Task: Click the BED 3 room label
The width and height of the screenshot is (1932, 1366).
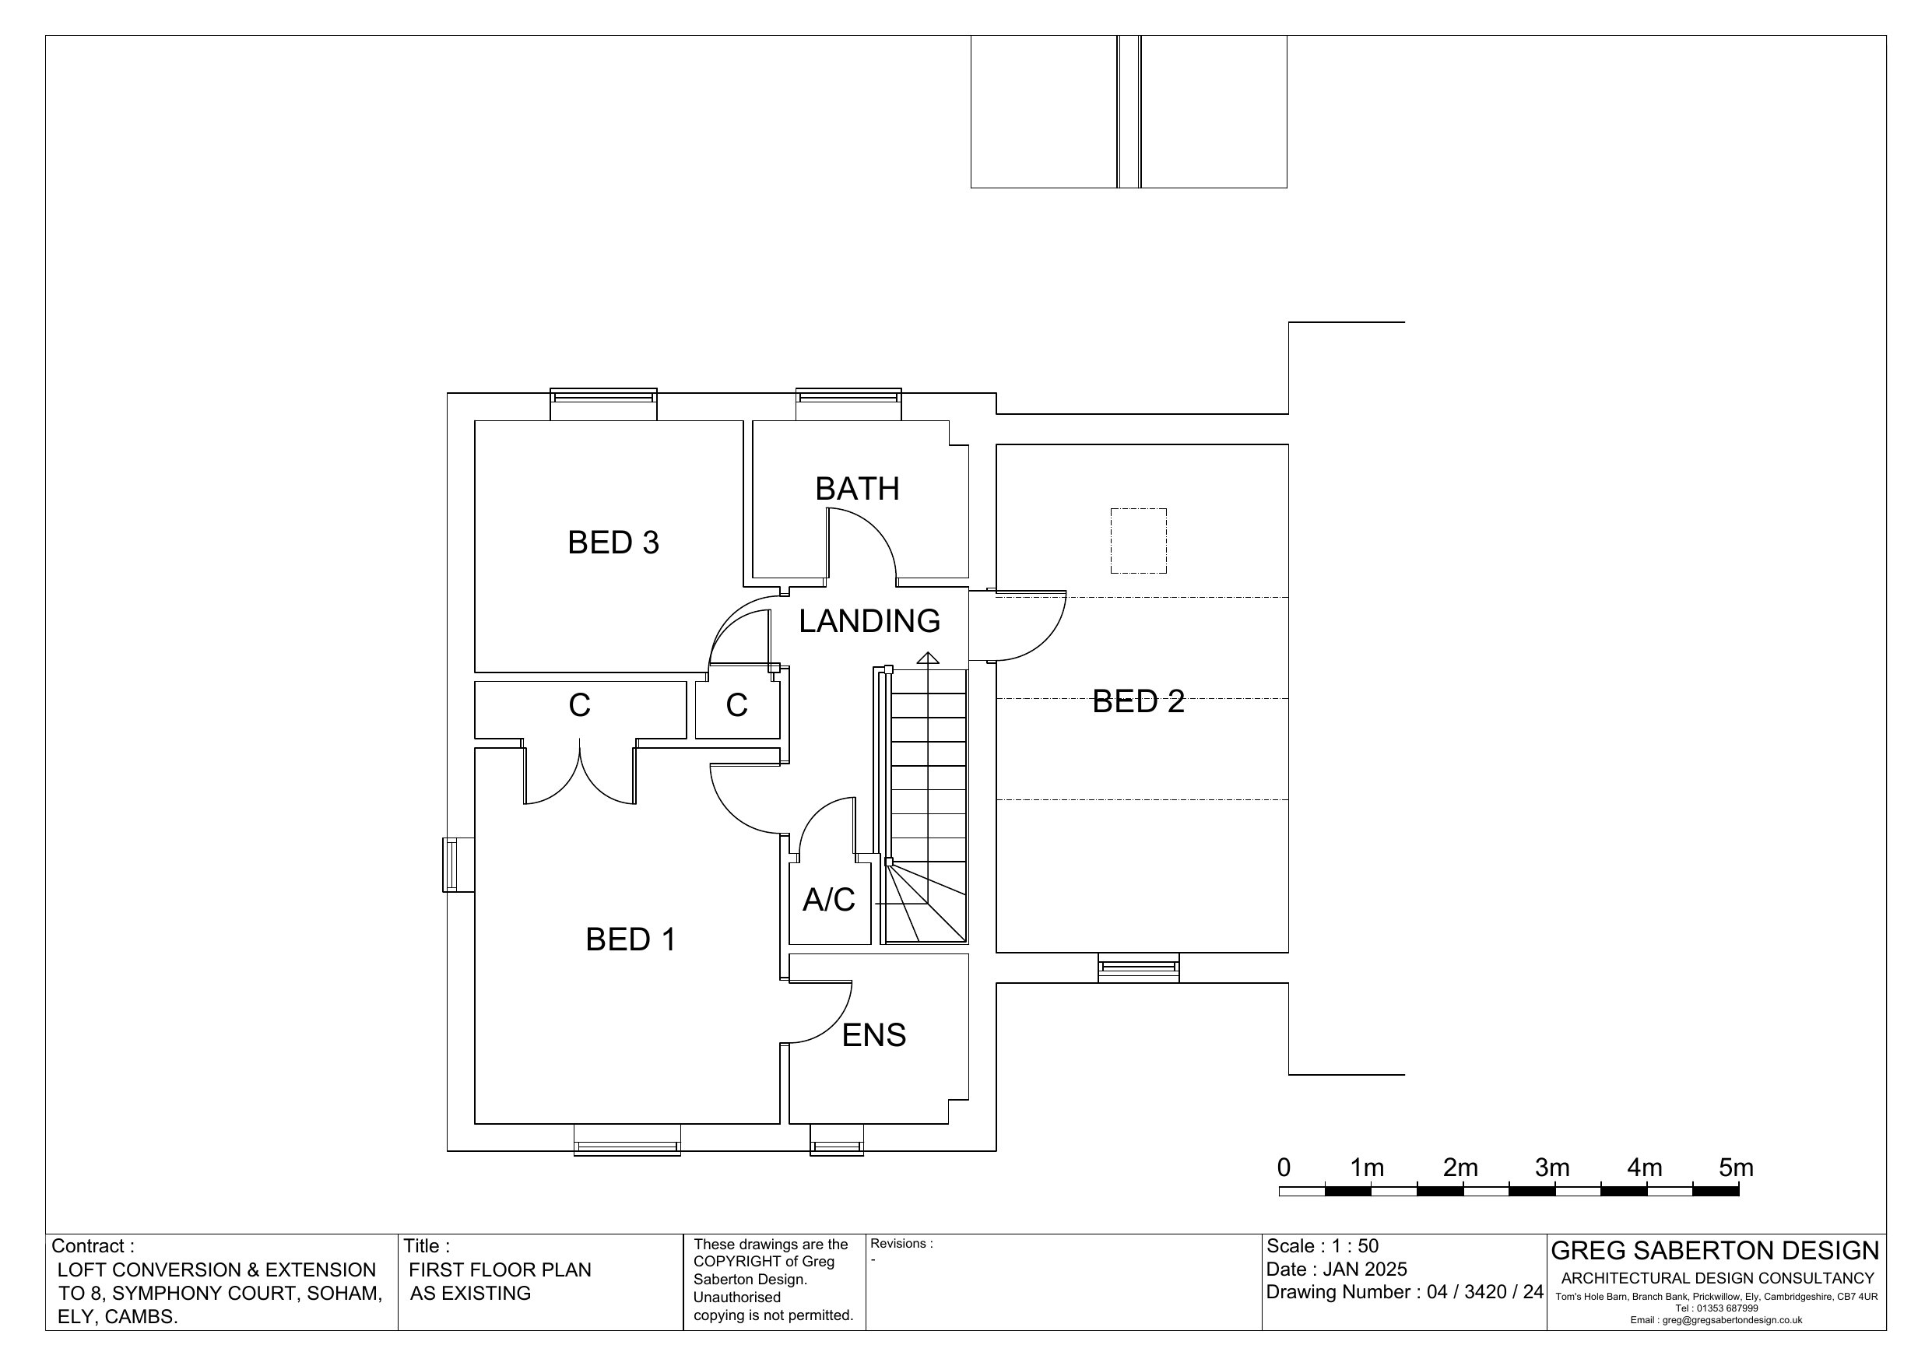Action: pos(613,543)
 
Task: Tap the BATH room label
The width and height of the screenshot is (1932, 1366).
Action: pos(858,489)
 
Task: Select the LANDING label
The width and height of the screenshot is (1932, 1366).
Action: pos(869,621)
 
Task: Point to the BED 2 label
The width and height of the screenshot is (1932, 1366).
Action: pos(1138,702)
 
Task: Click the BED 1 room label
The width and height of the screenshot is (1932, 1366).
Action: pos(631,939)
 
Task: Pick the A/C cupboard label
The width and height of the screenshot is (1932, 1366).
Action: pos(829,900)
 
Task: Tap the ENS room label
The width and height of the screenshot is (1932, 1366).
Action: pos(874,1035)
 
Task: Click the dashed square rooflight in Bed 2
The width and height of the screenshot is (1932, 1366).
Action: pos(1139,541)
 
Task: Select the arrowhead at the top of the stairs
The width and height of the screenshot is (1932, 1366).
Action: pos(927,658)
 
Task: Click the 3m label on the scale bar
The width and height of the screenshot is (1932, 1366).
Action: pos(1552,1168)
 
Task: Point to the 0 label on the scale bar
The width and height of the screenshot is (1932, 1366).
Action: pos(1284,1168)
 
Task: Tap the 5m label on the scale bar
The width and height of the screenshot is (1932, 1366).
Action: pos(1736,1168)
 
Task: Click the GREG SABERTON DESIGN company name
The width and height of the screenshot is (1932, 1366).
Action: pos(1715,1251)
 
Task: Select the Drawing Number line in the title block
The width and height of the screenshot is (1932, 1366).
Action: pos(1404,1292)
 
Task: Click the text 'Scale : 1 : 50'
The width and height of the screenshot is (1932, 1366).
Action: pos(1323,1246)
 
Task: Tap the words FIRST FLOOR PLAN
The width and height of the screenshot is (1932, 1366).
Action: pos(500,1270)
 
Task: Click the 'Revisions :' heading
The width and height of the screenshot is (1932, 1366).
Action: pos(901,1244)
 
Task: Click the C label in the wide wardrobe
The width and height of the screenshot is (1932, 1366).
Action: pos(579,705)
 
